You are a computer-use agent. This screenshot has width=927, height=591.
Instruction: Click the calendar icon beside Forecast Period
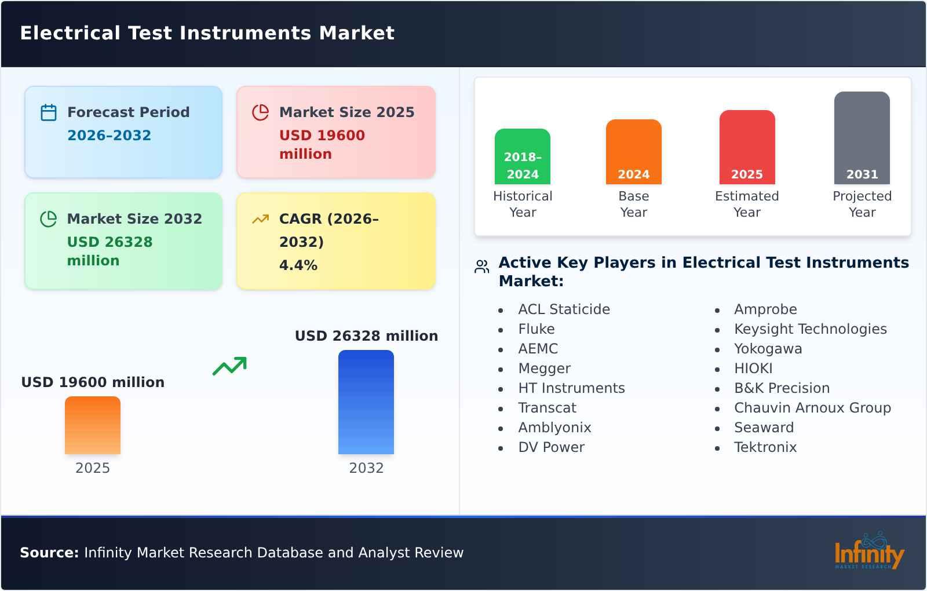tap(49, 112)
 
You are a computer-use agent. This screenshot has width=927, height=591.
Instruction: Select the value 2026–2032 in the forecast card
tap(109, 136)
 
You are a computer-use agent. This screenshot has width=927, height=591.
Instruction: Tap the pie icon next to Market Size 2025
tap(260, 112)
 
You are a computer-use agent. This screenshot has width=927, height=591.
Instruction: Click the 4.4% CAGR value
tap(298, 265)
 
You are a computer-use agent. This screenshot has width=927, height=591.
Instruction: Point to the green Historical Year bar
tap(522, 156)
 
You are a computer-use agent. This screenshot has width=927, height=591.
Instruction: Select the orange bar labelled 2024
tap(633, 152)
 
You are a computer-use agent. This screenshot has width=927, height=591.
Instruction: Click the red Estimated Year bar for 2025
tap(747, 147)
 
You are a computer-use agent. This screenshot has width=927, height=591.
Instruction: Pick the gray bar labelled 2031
tap(862, 138)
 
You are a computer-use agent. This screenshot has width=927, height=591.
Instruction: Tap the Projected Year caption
tap(862, 204)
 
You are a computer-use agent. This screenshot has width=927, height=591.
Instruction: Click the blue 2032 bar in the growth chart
tap(366, 402)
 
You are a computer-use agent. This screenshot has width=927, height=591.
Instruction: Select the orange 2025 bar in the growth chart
tap(92, 425)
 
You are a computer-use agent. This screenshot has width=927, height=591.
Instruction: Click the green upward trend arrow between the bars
tap(229, 366)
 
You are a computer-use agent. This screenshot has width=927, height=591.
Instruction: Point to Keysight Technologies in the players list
tap(810, 329)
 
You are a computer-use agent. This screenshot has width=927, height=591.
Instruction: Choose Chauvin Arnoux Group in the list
tap(812, 408)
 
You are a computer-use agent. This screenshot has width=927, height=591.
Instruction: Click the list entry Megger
tap(544, 369)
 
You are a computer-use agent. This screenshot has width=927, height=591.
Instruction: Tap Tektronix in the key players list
tap(765, 447)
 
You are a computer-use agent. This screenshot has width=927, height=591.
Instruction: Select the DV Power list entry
tap(551, 447)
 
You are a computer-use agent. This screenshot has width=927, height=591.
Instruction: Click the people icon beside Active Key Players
tap(481, 267)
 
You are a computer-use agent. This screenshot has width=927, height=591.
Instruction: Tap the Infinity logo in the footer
tap(868, 551)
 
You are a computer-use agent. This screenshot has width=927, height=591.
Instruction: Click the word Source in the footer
tap(49, 553)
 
